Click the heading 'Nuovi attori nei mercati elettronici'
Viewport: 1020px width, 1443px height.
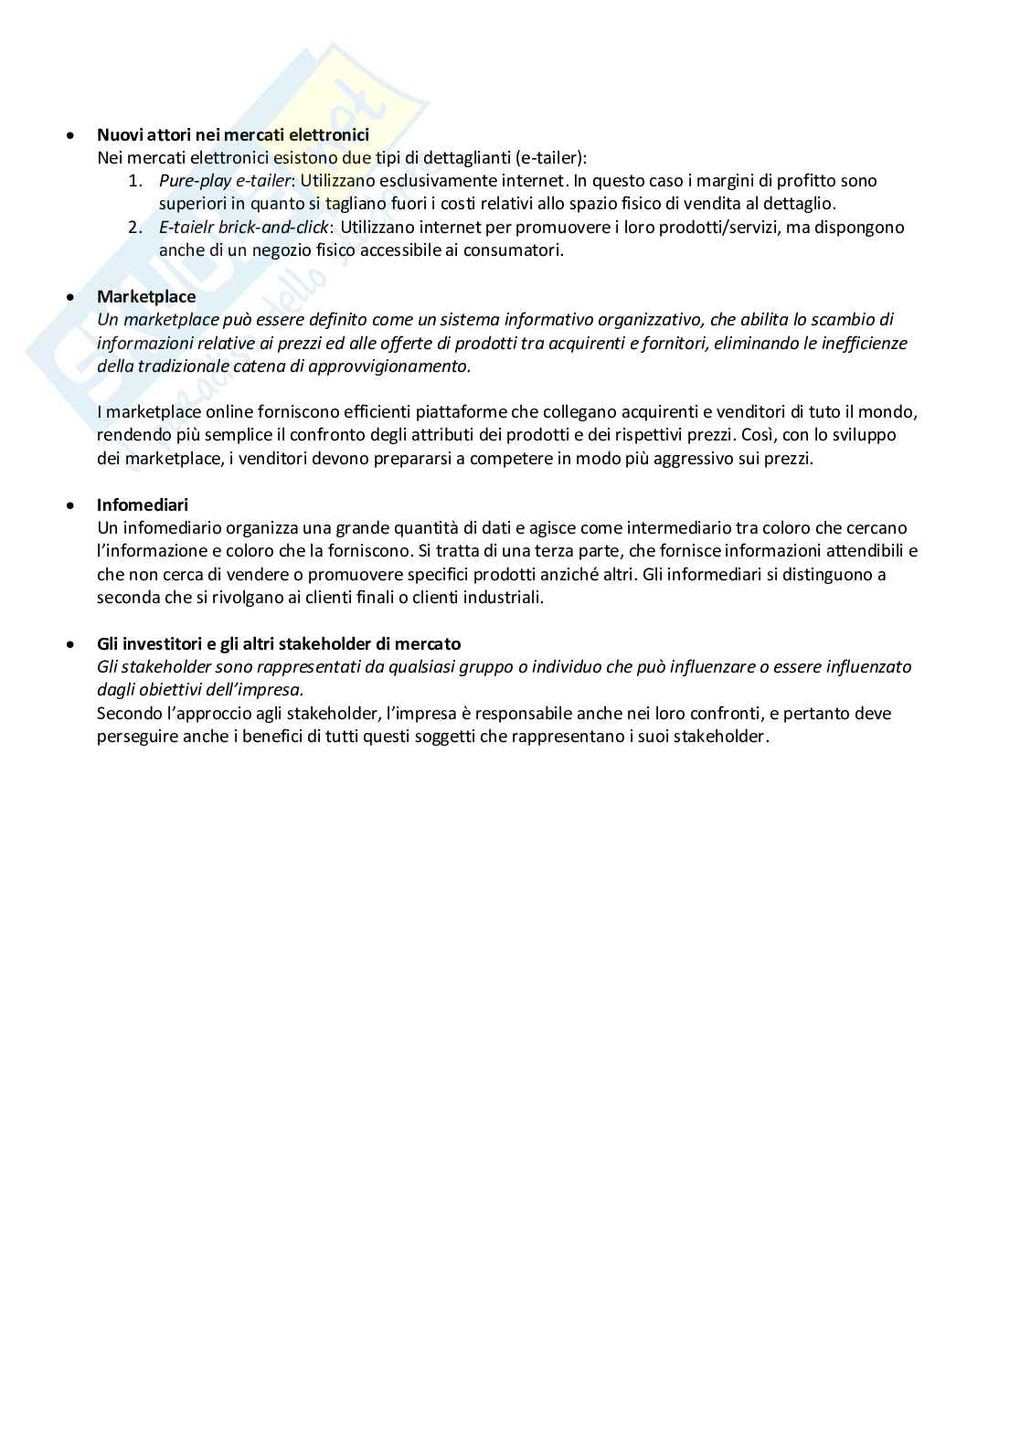click(232, 134)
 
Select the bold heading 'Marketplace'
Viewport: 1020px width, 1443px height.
click(146, 296)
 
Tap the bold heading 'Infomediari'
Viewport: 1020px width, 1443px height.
click(143, 504)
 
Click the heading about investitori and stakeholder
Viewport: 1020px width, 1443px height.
click(279, 643)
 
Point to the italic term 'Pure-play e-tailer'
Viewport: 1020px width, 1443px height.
click(225, 181)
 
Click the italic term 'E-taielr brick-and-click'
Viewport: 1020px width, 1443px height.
click(243, 227)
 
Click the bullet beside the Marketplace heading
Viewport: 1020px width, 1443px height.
click(70, 297)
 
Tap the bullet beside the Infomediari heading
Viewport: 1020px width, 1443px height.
click(70, 505)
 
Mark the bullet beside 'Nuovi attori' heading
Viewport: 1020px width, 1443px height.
click(70, 135)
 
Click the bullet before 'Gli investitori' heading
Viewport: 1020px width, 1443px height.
click(70, 644)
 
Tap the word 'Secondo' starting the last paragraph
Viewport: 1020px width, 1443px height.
click(128, 713)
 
